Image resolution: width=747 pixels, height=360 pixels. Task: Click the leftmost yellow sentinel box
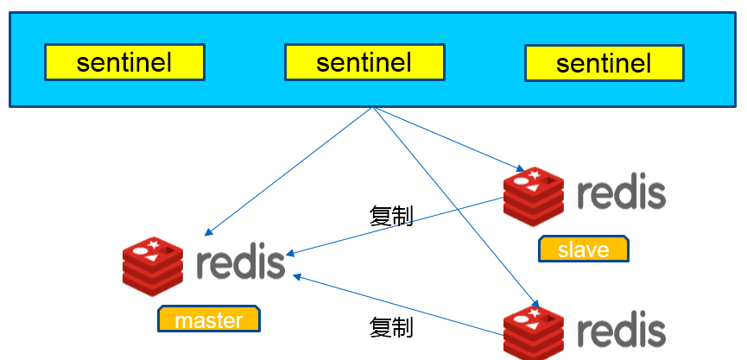(x=125, y=62)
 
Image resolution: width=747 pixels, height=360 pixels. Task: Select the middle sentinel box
(x=364, y=62)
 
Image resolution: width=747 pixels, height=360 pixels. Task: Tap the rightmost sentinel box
(x=605, y=63)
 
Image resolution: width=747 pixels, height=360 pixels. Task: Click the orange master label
(x=209, y=319)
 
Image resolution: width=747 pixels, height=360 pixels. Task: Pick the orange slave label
(x=584, y=249)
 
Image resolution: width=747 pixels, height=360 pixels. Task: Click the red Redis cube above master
(x=153, y=266)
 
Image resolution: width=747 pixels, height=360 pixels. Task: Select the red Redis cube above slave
(x=534, y=197)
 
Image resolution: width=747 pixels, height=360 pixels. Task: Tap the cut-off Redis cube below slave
(x=534, y=333)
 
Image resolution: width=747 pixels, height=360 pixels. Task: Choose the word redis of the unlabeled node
(x=621, y=329)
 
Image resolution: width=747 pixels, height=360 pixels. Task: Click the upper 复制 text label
(x=390, y=216)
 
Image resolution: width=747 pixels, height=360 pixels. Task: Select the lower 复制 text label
(x=390, y=327)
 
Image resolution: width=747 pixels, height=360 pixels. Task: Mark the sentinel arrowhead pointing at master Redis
(x=208, y=232)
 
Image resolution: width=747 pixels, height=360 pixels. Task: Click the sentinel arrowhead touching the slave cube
(x=520, y=169)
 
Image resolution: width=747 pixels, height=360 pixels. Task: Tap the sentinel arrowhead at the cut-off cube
(x=535, y=305)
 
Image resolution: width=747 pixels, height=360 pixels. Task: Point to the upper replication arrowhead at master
(x=290, y=254)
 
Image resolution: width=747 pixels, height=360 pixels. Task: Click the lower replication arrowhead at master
(x=297, y=275)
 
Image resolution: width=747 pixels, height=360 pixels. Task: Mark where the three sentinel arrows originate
(x=373, y=107)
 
